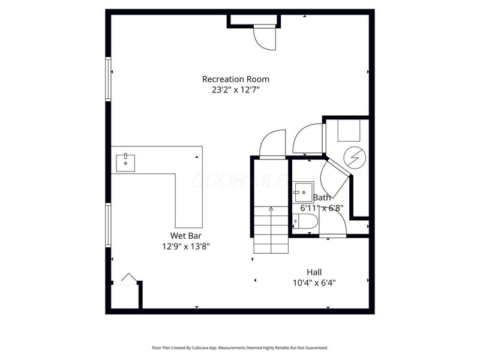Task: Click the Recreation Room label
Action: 235,79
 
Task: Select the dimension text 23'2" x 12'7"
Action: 235,90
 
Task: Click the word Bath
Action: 322,197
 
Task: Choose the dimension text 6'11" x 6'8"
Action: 322,208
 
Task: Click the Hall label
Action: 314,272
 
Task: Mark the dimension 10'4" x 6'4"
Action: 314,283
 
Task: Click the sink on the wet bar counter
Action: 125,162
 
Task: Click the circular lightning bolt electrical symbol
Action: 353,157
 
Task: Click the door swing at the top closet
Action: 264,39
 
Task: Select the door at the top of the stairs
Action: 272,144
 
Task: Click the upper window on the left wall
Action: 109,79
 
